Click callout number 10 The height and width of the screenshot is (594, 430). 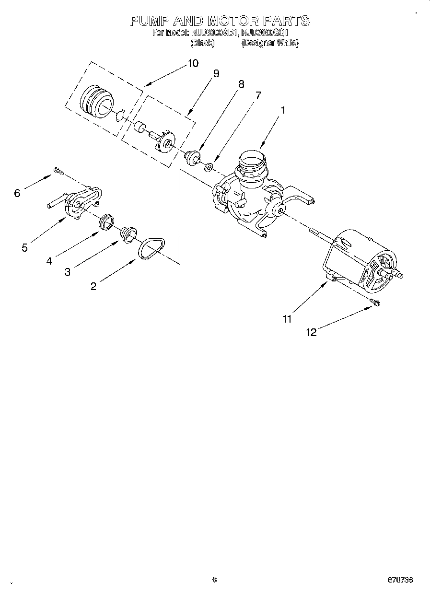point(192,63)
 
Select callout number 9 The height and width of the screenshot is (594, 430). point(216,73)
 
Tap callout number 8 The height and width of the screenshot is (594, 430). point(241,84)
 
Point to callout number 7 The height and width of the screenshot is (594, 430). point(258,95)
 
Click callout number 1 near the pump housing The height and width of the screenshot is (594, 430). point(283,110)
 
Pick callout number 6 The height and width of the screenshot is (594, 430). point(17,193)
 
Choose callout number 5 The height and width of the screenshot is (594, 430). point(24,248)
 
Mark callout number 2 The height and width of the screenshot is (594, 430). point(93,286)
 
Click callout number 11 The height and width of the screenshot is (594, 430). point(287,319)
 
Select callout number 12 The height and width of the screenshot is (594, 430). point(312,332)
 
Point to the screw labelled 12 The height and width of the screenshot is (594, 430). point(375,302)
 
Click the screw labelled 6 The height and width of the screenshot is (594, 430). point(58,170)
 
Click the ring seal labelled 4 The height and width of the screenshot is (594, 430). point(106,221)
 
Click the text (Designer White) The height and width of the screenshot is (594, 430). point(270,43)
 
